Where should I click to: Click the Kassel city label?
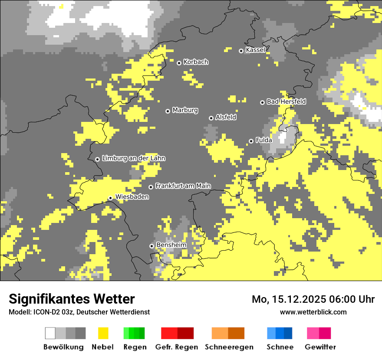pyautogui.click(x=255, y=50)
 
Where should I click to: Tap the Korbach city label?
pyautogui.click(x=196, y=62)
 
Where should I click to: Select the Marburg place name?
pyautogui.click(x=185, y=110)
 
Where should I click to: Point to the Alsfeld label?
pyautogui.click(x=226, y=117)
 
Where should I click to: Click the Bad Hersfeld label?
pyautogui.click(x=286, y=101)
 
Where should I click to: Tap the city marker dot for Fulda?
pyautogui.click(x=251, y=141)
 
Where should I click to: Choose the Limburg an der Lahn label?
pyautogui.click(x=133, y=158)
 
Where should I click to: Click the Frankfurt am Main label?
pyautogui.click(x=183, y=186)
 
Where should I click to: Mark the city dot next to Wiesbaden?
pyautogui.click(x=111, y=198)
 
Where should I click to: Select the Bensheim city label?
pyautogui.click(x=171, y=245)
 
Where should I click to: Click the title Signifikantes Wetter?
pyautogui.click(x=72, y=299)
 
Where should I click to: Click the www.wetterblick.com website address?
pyautogui.click(x=313, y=312)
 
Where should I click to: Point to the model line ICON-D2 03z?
pyautogui.click(x=79, y=312)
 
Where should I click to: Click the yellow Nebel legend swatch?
pyautogui.click(x=103, y=333)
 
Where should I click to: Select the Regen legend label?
pyautogui.click(x=134, y=347)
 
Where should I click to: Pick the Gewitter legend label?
pyautogui.click(x=320, y=347)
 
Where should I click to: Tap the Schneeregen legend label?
pyautogui.click(x=229, y=347)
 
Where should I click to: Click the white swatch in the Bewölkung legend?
pyautogui.click(x=50, y=333)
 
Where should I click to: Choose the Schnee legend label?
pyautogui.click(x=280, y=347)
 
